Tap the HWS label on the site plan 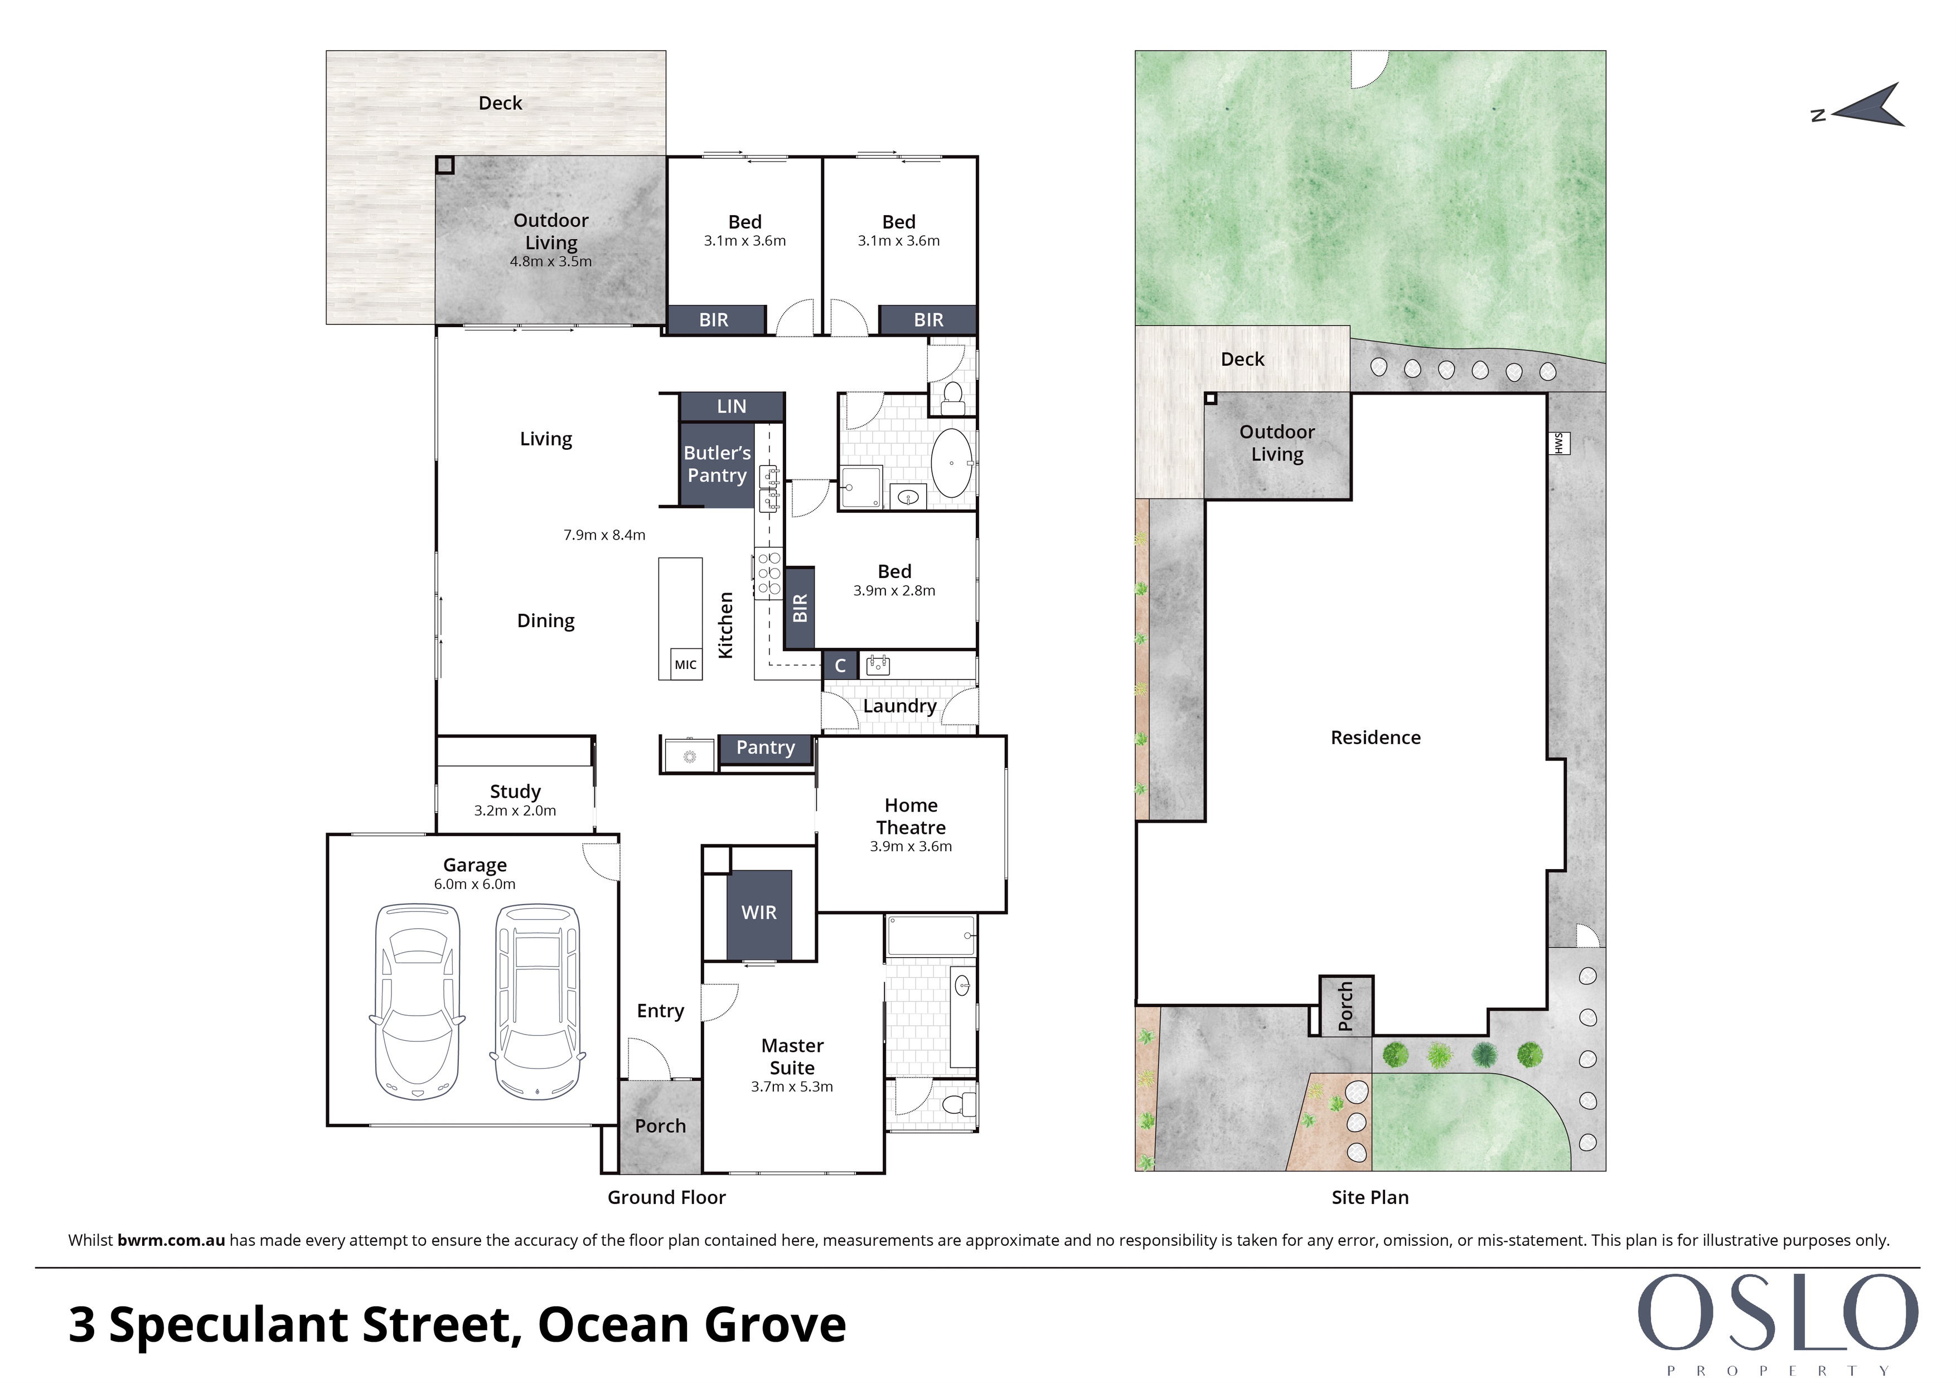(1558, 443)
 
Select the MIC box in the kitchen (685, 664)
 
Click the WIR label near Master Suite (758, 912)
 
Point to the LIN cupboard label (731, 406)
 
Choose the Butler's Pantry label (717, 464)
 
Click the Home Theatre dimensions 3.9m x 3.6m (911, 847)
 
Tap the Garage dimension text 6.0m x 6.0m (475, 884)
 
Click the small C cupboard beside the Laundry (840, 665)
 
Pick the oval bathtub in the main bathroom (952, 463)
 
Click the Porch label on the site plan (1346, 1006)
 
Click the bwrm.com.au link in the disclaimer (171, 1240)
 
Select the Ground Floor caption (666, 1197)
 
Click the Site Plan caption (1370, 1197)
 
